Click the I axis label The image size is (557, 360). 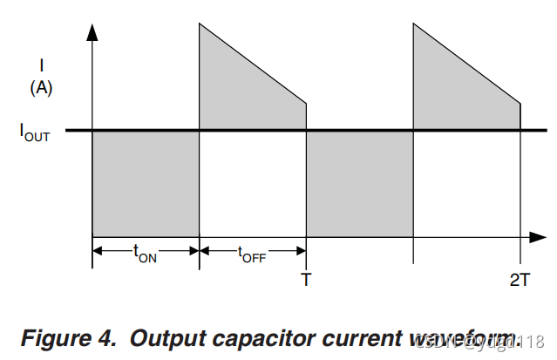(42, 65)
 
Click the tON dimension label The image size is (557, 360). (145, 253)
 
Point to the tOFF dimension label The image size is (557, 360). (252, 253)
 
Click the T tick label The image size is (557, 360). (306, 281)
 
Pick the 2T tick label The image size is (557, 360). (520, 281)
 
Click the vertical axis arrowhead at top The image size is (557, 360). (92, 31)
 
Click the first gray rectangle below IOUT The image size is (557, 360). (146, 183)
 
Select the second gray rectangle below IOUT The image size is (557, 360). (359, 183)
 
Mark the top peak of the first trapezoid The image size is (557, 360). (200, 23)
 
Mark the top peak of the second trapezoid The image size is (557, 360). (414, 23)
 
